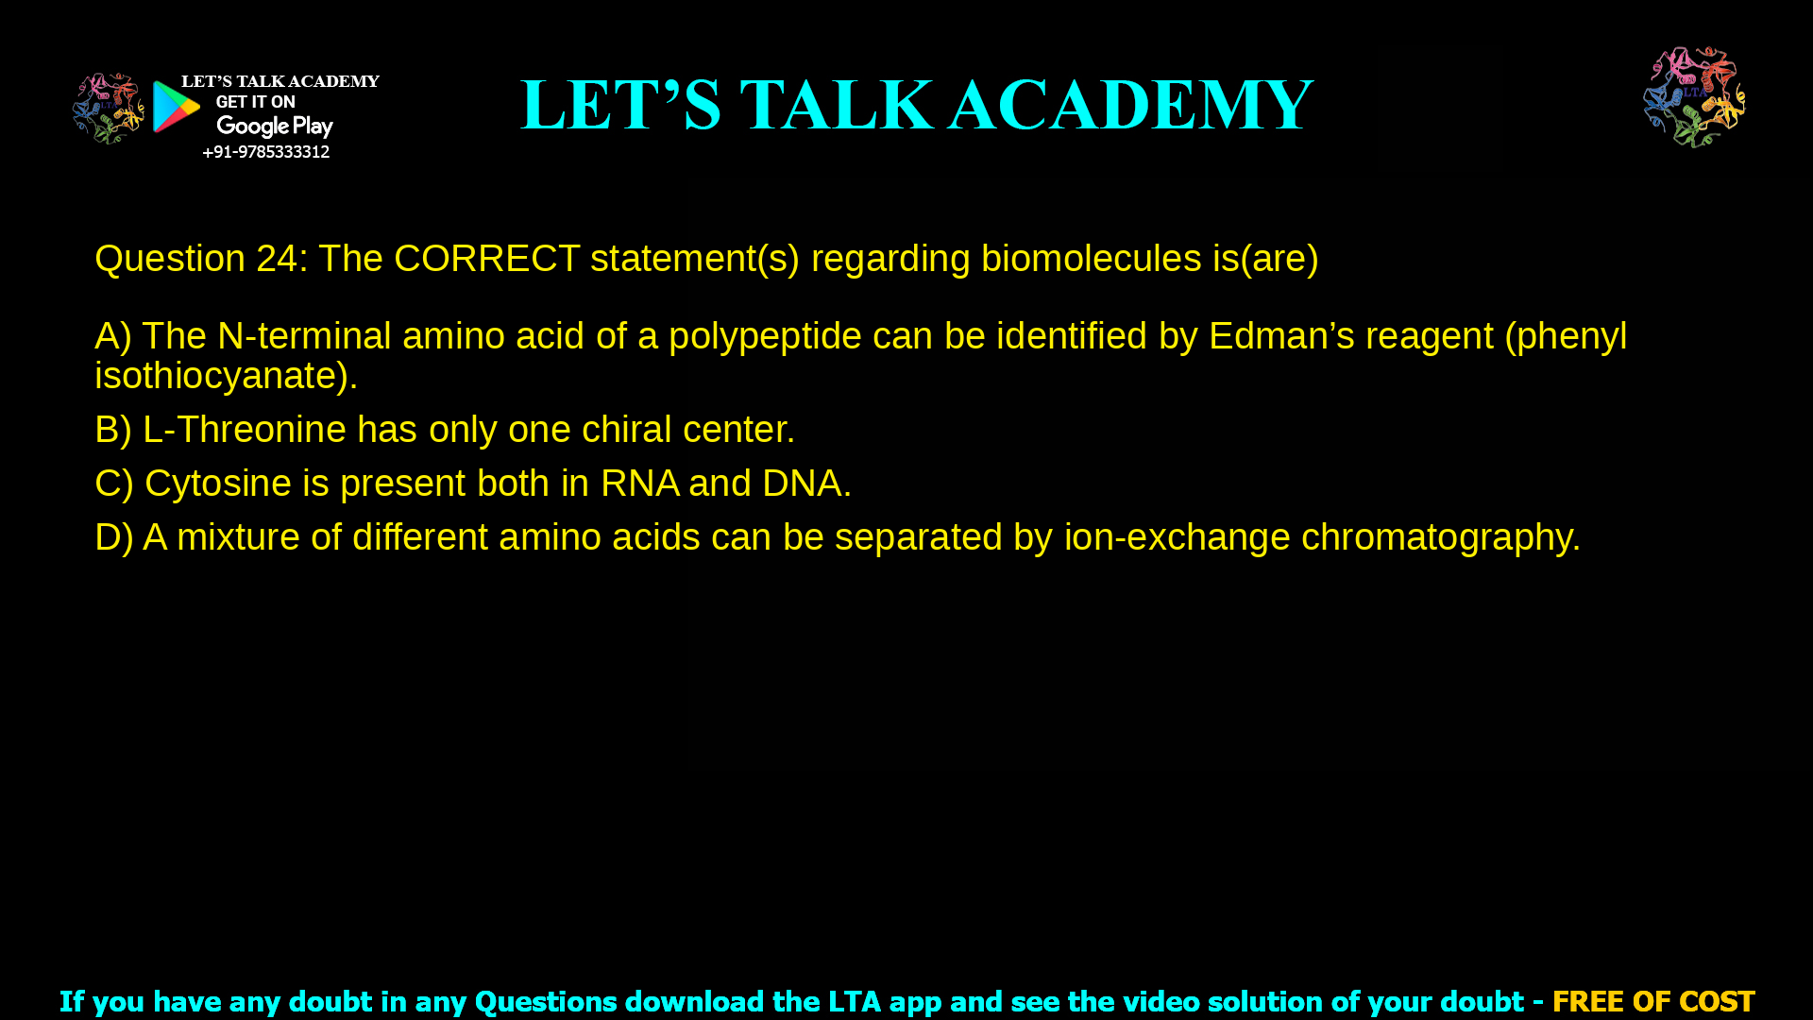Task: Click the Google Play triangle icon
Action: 176,107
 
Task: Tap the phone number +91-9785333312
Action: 265,152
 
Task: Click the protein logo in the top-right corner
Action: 1694,97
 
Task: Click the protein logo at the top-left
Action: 108,109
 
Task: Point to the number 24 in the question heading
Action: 277,259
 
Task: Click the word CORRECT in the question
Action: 486,259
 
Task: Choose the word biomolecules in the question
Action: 1091,259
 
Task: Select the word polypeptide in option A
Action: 765,336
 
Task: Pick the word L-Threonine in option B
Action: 244,430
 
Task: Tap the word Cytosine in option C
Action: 217,484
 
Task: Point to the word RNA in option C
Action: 639,484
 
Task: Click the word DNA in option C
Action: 801,484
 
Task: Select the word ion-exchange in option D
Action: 1177,537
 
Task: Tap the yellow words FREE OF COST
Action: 1652,1001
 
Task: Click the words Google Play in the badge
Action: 274,127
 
